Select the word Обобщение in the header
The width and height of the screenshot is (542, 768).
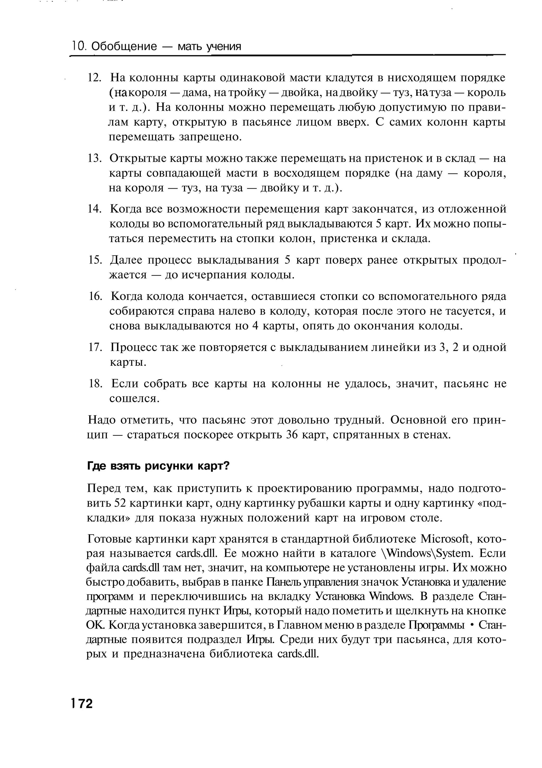point(124,46)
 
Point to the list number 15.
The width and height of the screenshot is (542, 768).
point(94,260)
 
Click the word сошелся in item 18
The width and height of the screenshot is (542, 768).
point(134,398)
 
